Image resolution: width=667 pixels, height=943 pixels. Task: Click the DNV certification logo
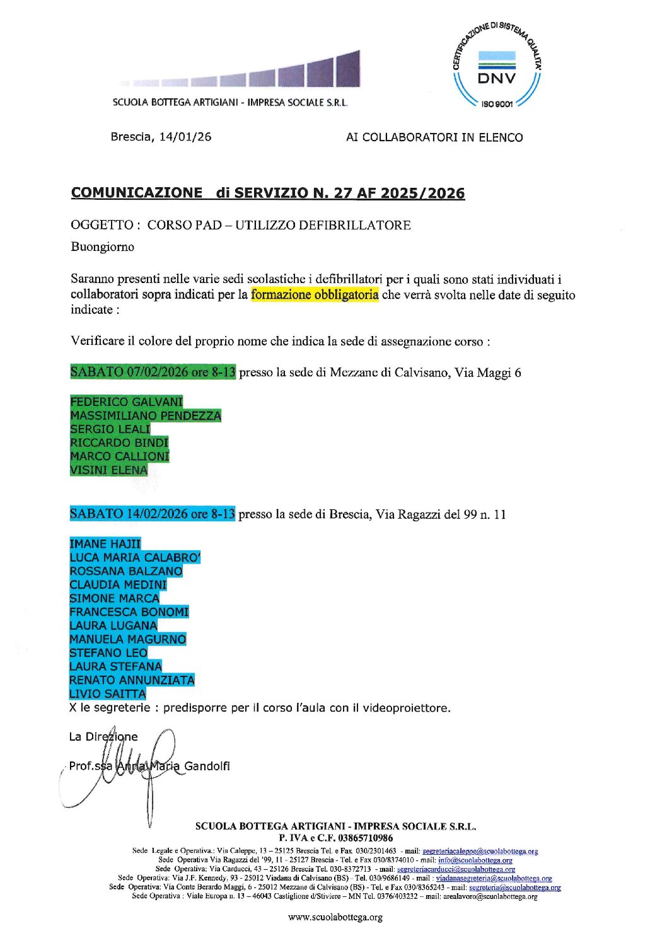point(497,66)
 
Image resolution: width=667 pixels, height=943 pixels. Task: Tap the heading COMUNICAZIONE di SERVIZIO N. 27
point(267,193)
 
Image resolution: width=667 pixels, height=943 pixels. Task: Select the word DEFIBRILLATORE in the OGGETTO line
point(354,225)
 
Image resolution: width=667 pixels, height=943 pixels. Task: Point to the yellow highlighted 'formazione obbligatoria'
point(315,294)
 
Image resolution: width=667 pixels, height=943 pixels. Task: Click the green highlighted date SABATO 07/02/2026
point(153,372)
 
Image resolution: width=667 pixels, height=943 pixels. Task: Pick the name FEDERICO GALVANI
point(126,402)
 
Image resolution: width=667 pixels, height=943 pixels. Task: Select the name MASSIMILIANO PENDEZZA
point(146,415)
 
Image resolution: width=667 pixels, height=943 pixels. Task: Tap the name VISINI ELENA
point(108,470)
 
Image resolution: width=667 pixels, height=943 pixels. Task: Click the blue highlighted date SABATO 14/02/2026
point(152,514)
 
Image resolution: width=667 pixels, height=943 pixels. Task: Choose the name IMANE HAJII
point(105,543)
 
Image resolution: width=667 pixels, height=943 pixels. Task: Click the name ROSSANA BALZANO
point(126,571)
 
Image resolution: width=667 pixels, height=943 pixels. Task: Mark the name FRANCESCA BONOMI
point(129,611)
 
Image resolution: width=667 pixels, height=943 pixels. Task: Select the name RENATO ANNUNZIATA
point(132,680)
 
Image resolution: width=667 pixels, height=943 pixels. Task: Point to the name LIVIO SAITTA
point(108,693)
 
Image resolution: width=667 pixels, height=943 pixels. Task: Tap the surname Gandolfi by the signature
point(207,766)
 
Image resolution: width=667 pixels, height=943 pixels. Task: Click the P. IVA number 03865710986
point(365,838)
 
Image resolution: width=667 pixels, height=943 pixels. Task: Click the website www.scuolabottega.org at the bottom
point(335,917)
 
